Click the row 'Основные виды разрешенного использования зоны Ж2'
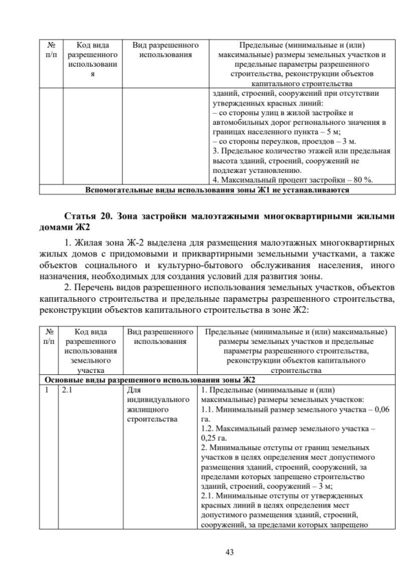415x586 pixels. [149, 379]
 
